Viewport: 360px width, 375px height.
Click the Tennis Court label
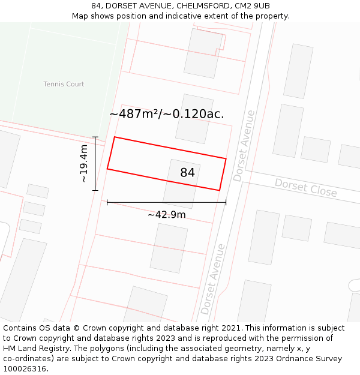64,84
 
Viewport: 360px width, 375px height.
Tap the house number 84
187,173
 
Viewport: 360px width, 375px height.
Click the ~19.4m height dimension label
83,163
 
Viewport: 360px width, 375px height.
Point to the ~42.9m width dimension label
166,215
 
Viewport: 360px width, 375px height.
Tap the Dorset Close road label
305,187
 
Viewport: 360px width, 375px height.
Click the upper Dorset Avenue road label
244,146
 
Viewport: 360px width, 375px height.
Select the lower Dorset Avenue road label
213,278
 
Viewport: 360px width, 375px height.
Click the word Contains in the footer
20,328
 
